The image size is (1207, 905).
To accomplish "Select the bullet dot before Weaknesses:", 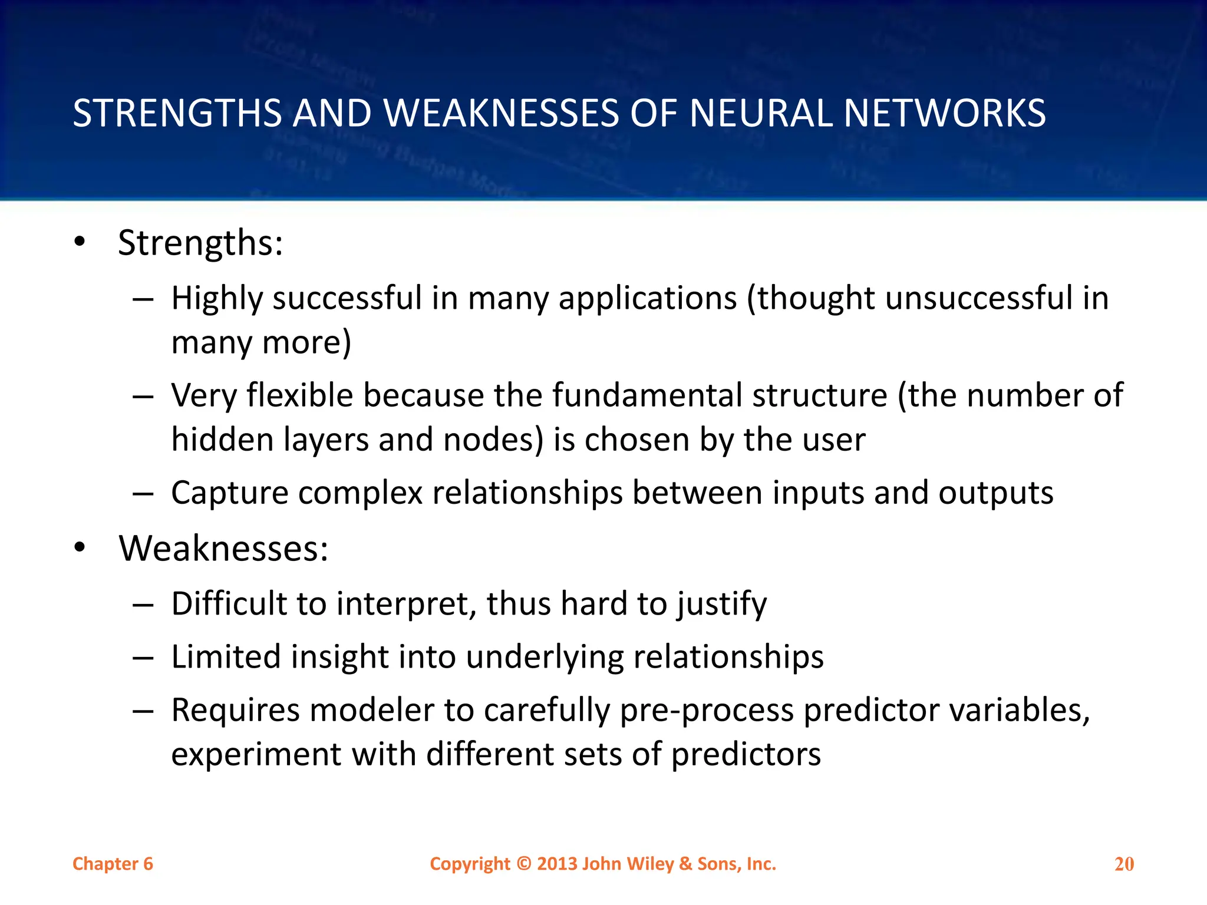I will [x=80, y=548].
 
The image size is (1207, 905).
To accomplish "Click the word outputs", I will [x=995, y=493].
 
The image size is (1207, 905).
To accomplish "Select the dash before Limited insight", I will [x=143, y=658].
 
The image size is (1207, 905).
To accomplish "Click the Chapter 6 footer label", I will [x=113, y=864].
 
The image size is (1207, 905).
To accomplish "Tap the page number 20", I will [x=1124, y=864].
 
